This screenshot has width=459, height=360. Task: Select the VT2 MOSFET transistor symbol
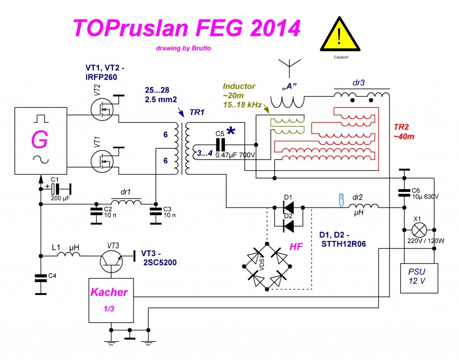click(x=102, y=109)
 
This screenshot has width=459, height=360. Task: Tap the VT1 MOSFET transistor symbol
click(x=102, y=161)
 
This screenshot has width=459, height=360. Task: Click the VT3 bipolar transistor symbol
click(x=111, y=261)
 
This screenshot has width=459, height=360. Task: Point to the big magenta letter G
click(x=39, y=140)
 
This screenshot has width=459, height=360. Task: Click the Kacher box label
click(x=109, y=292)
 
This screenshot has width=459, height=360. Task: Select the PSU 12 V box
click(x=419, y=278)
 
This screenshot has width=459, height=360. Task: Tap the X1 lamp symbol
click(x=419, y=230)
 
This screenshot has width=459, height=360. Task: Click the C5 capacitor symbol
click(x=220, y=145)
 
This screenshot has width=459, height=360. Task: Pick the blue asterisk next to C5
click(x=231, y=131)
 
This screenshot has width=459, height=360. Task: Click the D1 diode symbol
click(x=289, y=208)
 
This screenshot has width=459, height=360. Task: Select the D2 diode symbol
click(x=289, y=226)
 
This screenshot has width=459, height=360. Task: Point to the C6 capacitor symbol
click(x=404, y=193)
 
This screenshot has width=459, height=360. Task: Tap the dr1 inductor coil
click(x=126, y=202)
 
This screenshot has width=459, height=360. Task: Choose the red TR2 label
click(x=401, y=127)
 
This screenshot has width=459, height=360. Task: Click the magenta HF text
click(x=296, y=247)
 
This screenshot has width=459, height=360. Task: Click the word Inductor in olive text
click(x=239, y=86)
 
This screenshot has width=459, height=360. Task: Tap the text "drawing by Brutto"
click(x=183, y=48)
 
